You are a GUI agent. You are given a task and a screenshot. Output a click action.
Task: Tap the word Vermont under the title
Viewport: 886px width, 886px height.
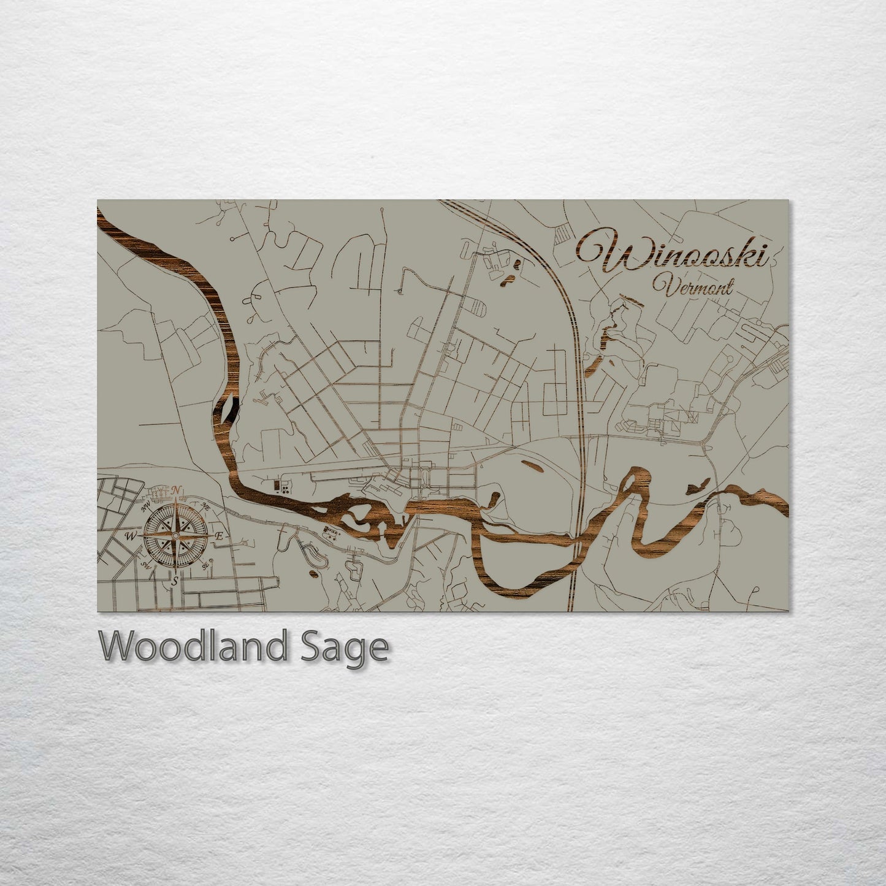coord(692,286)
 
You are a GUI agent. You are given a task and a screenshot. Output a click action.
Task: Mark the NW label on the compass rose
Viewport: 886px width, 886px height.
coord(147,507)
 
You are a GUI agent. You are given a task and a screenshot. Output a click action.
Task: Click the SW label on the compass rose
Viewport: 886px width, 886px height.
coord(146,565)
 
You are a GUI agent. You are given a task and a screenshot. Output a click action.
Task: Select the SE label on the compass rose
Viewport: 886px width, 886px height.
coord(206,566)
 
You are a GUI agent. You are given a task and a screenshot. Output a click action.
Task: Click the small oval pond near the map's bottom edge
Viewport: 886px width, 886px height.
coord(313,575)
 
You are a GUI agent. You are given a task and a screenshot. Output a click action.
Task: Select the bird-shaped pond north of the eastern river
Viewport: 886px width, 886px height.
coord(695,488)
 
